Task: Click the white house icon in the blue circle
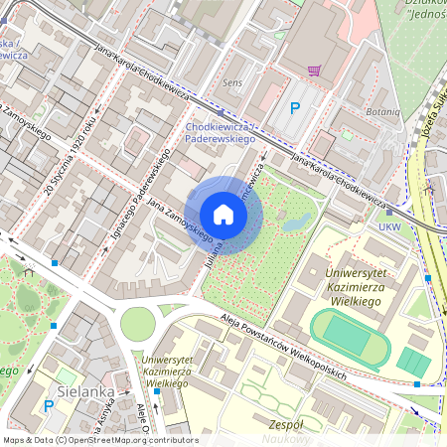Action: (223, 215)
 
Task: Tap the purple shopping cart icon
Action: (315, 71)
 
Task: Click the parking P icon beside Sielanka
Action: (49, 405)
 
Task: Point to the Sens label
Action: (233, 83)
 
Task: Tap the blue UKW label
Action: (391, 227)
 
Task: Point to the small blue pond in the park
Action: (295, 223)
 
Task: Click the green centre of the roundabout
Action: (137, 322)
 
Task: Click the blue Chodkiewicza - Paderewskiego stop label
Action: (220, 133)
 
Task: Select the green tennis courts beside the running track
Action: (412, 362)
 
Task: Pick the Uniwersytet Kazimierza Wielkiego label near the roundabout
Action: (179, 371)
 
